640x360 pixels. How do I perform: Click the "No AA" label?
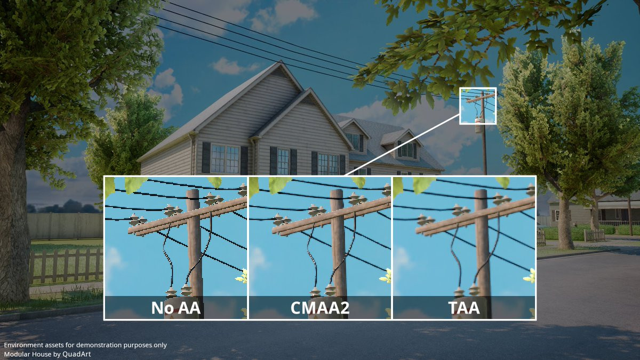click(x=175, y=308)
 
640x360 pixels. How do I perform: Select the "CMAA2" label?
click(x=320, y=308)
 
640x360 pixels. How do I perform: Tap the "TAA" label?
click(x=464, y=308)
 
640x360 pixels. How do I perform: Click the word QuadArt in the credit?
click(x=77, y=354)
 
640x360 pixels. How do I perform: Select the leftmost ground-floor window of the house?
click(x=225, y=159)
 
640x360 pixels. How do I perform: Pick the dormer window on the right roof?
click(x=407, y=150)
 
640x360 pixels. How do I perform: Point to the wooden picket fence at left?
click(x=66, y=265)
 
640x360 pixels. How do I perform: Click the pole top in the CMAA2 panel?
click(x=337, y=194)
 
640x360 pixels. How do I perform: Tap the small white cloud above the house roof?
click(x=233, y=66)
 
